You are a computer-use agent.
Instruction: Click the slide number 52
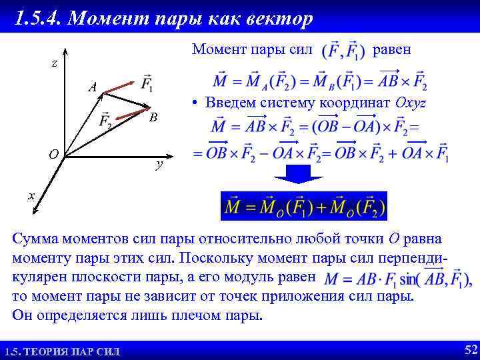(x=470, y=349)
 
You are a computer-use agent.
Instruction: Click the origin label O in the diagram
(x=53, y=155)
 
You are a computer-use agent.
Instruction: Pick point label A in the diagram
(x=93, y=87)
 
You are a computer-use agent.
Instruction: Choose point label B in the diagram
(x=153, y=117)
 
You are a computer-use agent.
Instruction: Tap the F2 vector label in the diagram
(x=105, y=122)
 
